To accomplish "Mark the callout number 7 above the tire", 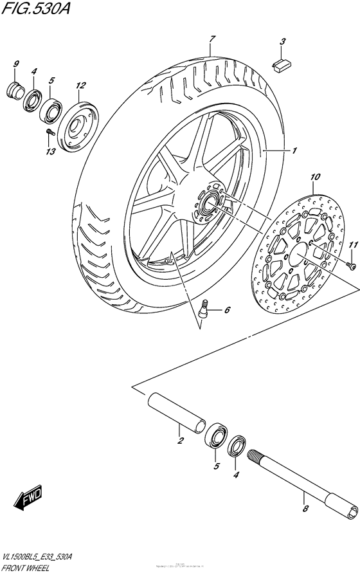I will pos(210,40).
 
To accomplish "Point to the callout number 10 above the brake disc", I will pos(314,177).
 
